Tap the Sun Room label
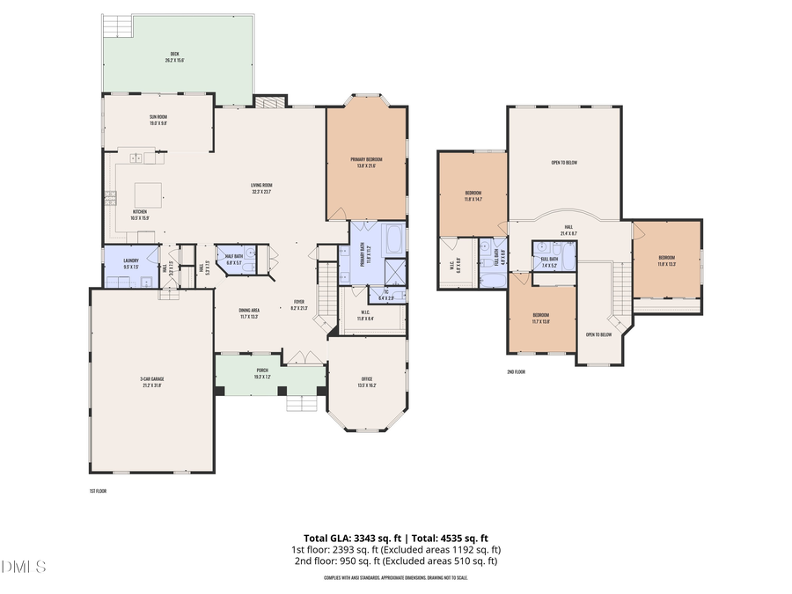click(x=158, y=120)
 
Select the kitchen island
click(x=146, y=193)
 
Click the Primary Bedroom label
click(x=366, y=162)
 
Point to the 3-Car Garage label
click(x=151, y=381)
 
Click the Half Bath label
click(x=233, y=260)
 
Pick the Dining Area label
click(x=249, y=312)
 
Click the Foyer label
click(x=298, y=304)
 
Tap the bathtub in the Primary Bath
click(x=393, y=238)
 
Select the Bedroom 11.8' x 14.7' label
click(x=473, y=195)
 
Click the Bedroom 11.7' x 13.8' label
click(x=540, y=319)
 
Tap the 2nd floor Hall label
click(x=569, y=229)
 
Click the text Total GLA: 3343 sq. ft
click(x=350, y=537)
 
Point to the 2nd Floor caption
click(x=516, y=372)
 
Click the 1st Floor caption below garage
click(x=98, y=491)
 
